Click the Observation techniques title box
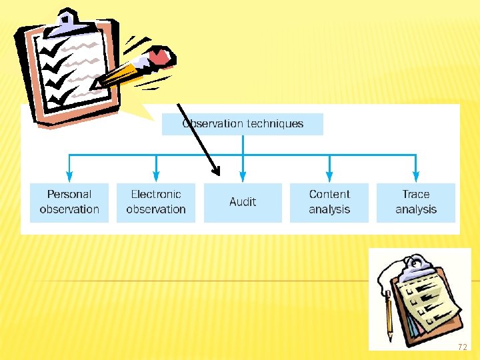tap(242, 124)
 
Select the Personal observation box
tap(69, 202)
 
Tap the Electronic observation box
tap(156, 202)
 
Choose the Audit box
tap(243, 202)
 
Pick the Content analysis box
tap(329, 202)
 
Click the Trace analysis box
tap(416, 202)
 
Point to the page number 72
tap(462, 347)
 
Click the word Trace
tap(416, 195)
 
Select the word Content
tap(329, 195)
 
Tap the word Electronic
tap(156, 195)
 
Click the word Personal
tap(69, 195)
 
